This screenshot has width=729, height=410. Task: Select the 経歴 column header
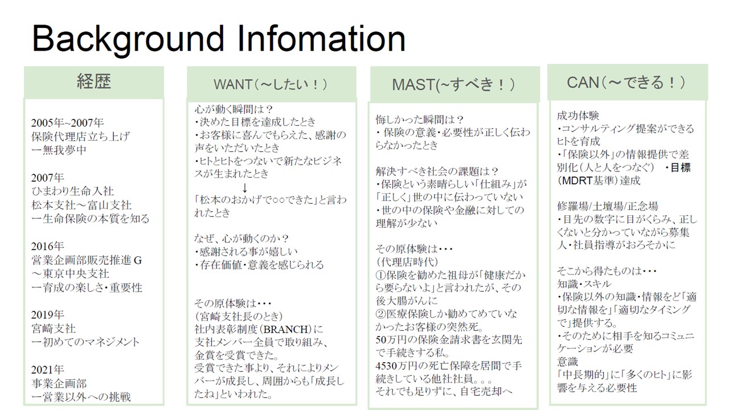pos(94,81)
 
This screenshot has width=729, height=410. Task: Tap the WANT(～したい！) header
pos(271,84)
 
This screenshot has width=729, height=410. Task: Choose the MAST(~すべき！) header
pos(454,85)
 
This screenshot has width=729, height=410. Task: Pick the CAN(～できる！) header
pos(626,83)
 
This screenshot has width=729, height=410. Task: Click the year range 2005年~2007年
pos(67,122)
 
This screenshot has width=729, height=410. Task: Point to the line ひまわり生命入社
pos(72,191)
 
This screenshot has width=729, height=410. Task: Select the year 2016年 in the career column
pos(47,247)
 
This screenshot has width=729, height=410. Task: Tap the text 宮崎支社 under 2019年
pos(54,329)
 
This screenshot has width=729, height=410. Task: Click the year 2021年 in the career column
pos(47,370)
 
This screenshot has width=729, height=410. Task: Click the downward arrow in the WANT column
pos(245,188)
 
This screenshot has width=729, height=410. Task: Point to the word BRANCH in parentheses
pos(285,330)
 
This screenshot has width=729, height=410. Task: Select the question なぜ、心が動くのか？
pos(241,239)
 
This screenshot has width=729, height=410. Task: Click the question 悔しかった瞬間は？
pos(420,120)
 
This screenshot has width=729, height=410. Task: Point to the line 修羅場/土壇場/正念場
pos(607,206)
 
